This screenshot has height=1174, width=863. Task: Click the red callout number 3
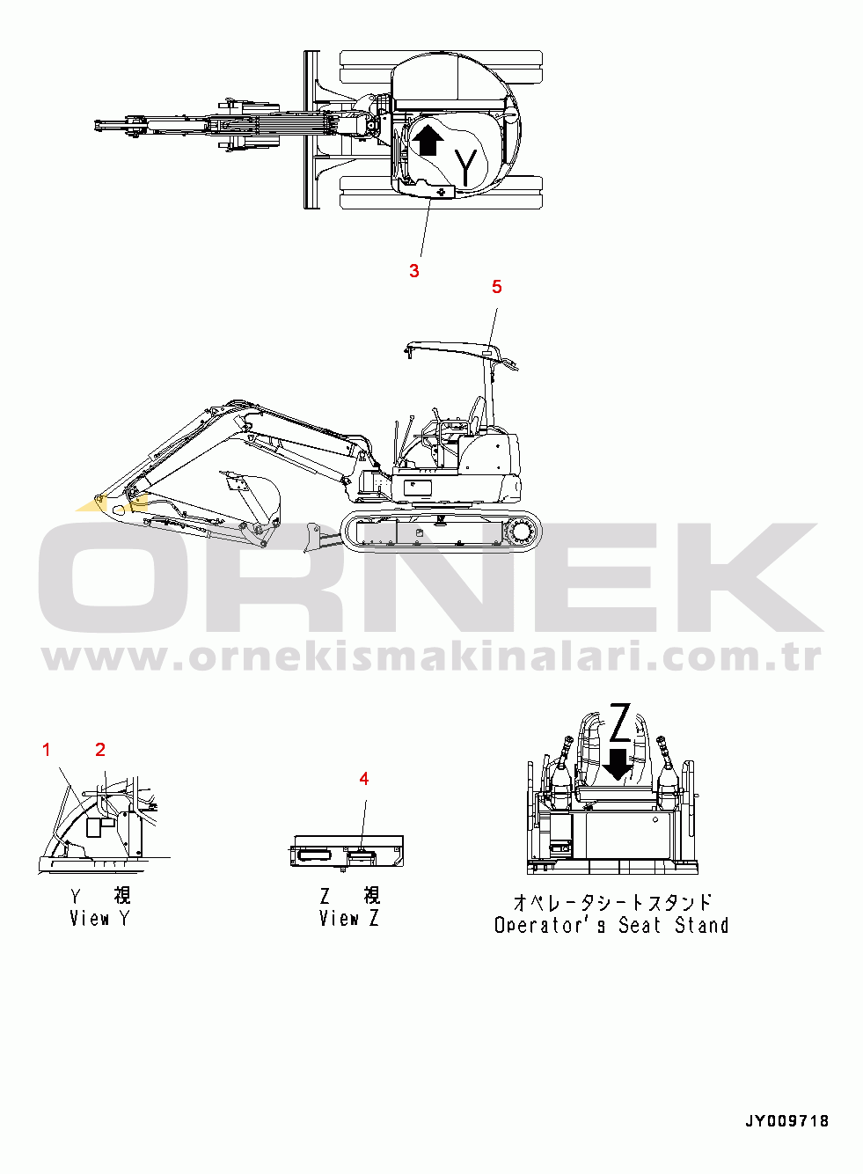point(414,271)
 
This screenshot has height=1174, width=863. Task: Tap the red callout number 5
point(497,287)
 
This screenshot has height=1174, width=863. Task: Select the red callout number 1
point(46,750)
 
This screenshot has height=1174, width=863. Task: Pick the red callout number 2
point(100,750)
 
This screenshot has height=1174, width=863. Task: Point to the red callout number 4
point(363,779)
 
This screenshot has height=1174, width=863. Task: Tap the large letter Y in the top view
point(466,168)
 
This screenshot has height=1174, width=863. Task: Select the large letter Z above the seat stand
point(620,723)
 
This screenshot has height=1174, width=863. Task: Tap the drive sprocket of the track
point(522,533)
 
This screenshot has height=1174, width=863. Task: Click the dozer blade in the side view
point(314,537)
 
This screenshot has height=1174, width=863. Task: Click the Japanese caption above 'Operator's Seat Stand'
point(612,903)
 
